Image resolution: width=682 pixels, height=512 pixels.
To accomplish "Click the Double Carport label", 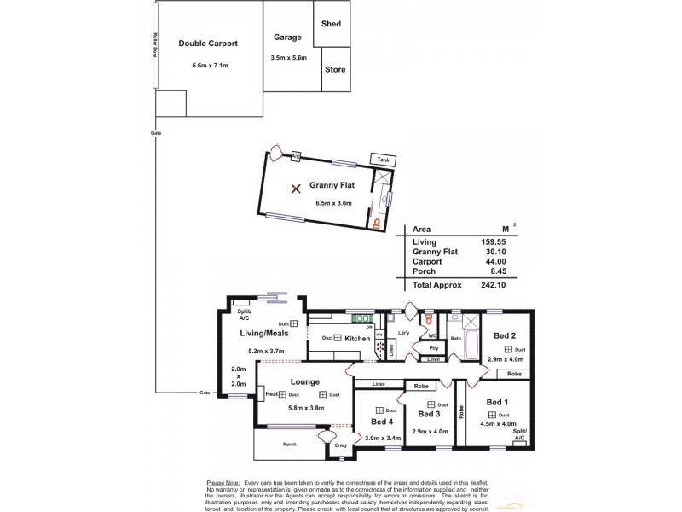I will [207, 44].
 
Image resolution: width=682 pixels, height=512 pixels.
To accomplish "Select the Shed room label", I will [331, 24].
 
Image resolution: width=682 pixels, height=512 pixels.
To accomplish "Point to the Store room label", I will [334, 69].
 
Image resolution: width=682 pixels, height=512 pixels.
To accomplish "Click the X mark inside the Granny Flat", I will [296, 189].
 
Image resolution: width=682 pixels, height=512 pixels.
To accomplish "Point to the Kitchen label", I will [358, 339].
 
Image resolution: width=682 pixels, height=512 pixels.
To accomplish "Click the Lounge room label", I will [304, 382].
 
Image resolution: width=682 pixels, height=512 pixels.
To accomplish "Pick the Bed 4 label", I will [383, 422].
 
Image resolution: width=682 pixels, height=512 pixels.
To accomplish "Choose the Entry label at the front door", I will [342, 445].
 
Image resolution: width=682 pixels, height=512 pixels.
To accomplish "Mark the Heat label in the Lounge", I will [272, 394].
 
